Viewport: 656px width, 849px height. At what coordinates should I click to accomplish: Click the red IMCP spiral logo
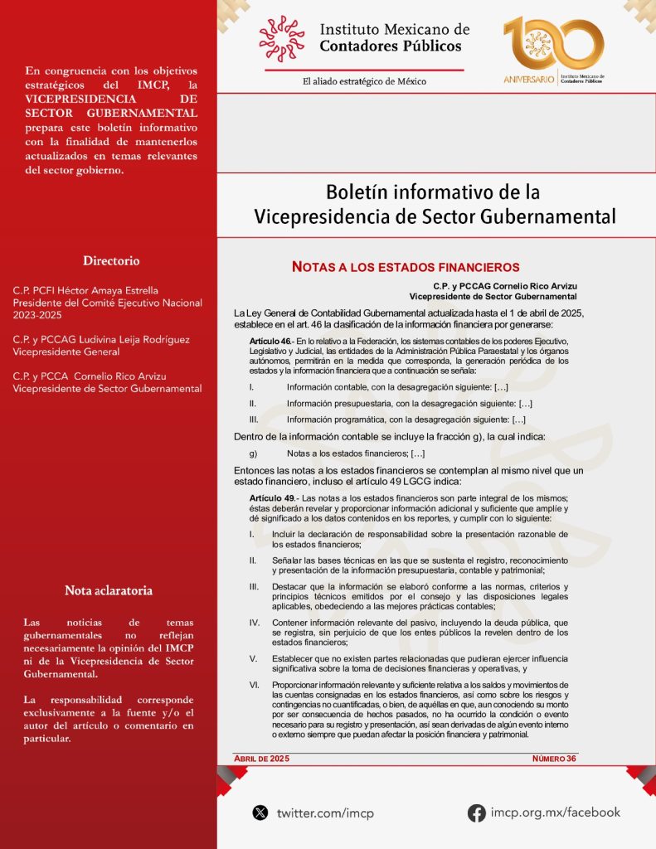282,39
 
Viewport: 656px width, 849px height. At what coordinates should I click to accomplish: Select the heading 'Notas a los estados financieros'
406,267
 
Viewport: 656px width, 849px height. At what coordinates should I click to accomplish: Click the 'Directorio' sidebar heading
111,260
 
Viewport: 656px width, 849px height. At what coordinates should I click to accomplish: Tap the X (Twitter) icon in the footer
260,813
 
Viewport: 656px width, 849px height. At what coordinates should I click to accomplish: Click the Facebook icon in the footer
477,813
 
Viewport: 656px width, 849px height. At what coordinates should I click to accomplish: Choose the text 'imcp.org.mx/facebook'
555,813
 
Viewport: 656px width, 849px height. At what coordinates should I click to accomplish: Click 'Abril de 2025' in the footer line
263,759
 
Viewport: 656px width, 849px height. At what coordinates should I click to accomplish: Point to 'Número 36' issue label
554,759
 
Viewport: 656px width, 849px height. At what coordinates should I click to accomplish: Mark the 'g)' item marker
253,454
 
